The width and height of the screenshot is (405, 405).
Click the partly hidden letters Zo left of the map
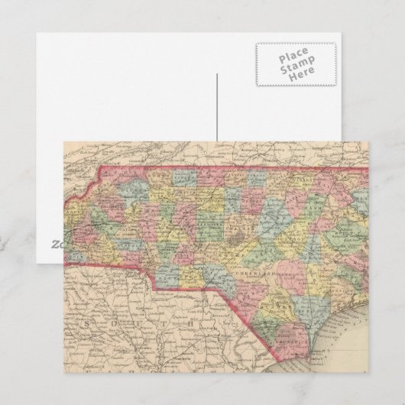tap(57, 245)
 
